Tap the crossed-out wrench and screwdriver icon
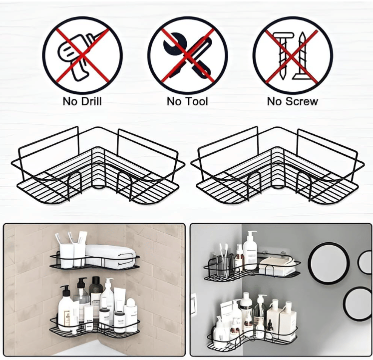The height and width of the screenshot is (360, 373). pyautogui.click(x=187, y=55)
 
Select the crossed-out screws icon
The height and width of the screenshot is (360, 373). pyautogui.click(x=293, y=56)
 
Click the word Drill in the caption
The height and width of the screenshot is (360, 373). pyautogui.click(x=91, y=101)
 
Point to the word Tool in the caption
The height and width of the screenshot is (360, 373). pyautogui.click(x=197, y=101)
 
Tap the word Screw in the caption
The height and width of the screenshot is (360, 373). pyautogui.click(x=302, y=101)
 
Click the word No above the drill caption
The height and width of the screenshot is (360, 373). pyautogui.click(x=70, y=101)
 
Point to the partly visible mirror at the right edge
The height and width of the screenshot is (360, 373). pyautogui.click(x=366, y=262)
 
